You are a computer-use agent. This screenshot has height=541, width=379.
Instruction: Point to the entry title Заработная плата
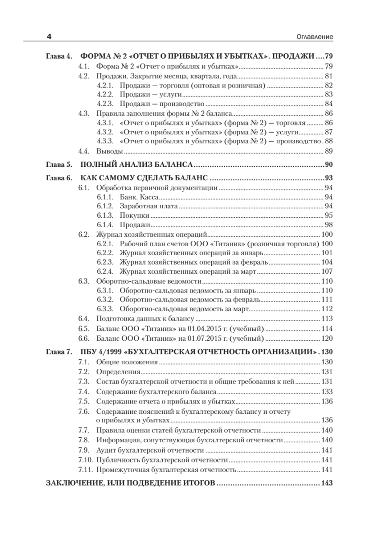(x=149, y=206)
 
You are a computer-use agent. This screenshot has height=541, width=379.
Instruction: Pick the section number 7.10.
(x=85, y=460)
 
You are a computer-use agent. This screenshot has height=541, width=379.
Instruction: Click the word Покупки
(x=134, y=215)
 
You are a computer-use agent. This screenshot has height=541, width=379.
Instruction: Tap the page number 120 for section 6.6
(x=326, y=339)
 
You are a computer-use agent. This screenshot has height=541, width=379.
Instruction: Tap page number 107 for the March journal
(x=326, y=271)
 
